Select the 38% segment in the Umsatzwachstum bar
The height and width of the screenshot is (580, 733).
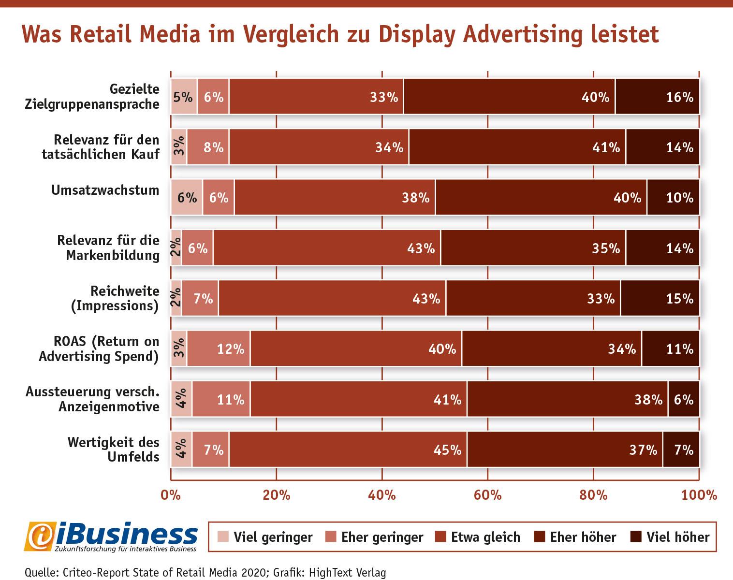pyautogui.click(x=335, y=197)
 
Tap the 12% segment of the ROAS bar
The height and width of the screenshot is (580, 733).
pyautogui.click(x=219, y=348)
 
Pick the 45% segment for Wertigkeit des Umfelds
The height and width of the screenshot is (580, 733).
pyautogui.click(x=348, y=449)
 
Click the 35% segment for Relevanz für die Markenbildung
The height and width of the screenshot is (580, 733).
pyautogui.click(x=533, y=247)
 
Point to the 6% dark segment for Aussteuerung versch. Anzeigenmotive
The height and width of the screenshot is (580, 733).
pyautogui.click(x=684, y=399)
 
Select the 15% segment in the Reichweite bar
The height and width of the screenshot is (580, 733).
pyautogui.click(x=660, y=298)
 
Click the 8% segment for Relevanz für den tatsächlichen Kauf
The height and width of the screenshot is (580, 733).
pyautogui.click(x=208, y=147)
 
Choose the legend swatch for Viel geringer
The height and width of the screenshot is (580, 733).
pyautogui.click(x=223, y=536)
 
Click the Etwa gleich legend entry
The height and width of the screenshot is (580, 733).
pyautogui.click(x=478, y=537)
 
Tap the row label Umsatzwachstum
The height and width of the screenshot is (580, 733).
pyautogui.click(x=105, y=190)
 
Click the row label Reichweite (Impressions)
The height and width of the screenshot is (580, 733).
pyautogui.click(x=115, y=298)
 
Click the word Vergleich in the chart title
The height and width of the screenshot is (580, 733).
pyautogui.click(x=291, y=35)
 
